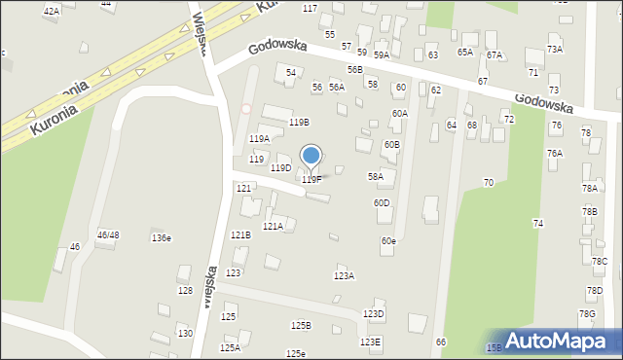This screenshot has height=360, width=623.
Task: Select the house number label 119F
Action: pyautogui.click(x=311, y=180)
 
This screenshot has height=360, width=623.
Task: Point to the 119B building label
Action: pyautogui.click(x=299, y=123)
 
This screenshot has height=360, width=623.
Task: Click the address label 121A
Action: pyautogui.click(x=272, y=227)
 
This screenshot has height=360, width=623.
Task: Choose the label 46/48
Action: pyautogui.click(x=108, y=235)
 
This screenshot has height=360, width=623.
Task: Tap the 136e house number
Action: pyautogui.click(x=161, y=238)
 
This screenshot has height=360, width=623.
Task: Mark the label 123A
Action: pyautogui.click(x=344, y=276)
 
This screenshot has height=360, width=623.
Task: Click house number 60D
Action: pyautogui.click(x=382, y=203)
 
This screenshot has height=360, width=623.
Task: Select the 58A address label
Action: pyautogui.click(x=375, y=177)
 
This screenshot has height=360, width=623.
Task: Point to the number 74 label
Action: pyautogui.click(x=537, y=224)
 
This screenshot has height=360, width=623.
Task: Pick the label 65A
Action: pyautogui.click(x=465, y=53)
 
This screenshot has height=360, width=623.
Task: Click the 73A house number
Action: pyautogui.click(x=555, y=50)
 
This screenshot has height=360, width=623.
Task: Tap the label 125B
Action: pyautogui.click(x=300, y=326)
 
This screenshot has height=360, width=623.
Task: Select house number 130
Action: pyautogui.click(x=185, y=334)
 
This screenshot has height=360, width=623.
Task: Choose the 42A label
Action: pyautogui.click(x=52, y=11)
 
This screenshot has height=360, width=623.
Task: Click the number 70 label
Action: pyautogui.click(x=488, y=183)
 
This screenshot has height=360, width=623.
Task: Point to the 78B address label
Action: pyautogui.click(x=590, y=211)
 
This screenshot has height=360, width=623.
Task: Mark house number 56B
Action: pyautogui.click(x=354, y=70)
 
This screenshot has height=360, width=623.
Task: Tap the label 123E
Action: pyautogui.click(x=371, y=342)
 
